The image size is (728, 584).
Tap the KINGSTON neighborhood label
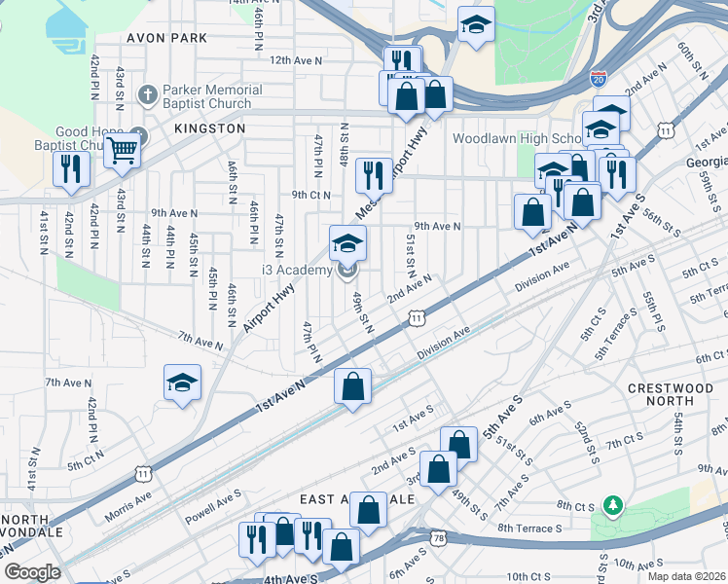point(209,128)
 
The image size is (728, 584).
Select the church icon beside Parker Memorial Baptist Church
point(147,96)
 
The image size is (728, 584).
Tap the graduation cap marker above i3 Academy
point(347,243)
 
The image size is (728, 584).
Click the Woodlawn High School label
point(517,138)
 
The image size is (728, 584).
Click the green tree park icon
point(612,506)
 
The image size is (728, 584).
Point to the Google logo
point(32,572)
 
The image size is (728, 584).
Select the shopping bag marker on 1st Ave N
point(352,386)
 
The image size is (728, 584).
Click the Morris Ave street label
point(129,498)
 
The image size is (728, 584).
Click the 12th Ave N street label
point(295,60)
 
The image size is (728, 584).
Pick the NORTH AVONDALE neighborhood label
point(32,526)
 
